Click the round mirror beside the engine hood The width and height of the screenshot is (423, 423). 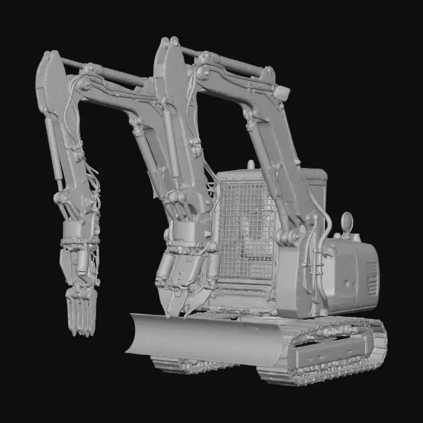[x=347, y=222]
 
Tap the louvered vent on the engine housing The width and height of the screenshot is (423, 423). [x=372, y=278]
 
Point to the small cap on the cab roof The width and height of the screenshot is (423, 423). [x=251, y=164]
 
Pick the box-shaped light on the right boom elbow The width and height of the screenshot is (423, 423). [x=282, y=93]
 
